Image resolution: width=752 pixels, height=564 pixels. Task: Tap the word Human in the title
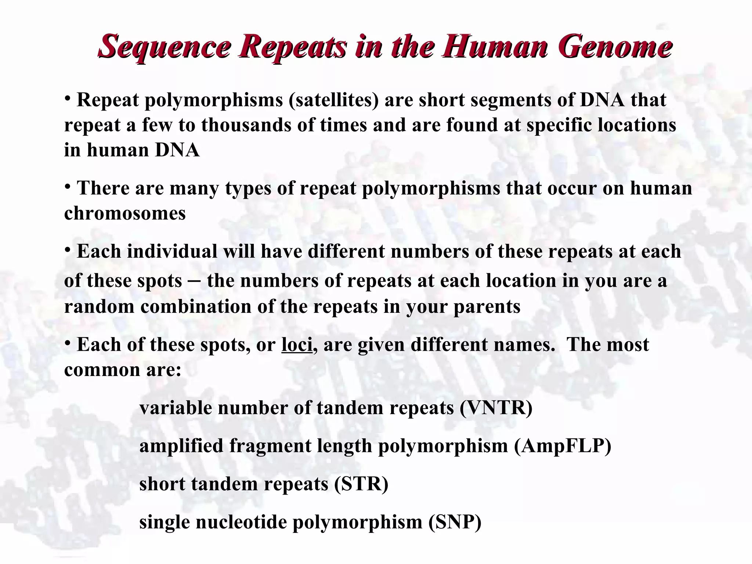[495, 47]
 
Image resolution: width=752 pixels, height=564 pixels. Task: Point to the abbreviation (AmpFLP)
[563, 446]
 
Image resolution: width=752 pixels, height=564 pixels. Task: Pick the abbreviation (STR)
[361, 484]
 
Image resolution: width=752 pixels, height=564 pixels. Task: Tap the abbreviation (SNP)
[455, 522]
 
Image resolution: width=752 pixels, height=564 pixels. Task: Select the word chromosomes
[125, 213]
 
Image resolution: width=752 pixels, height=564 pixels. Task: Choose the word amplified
[181, 446]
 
